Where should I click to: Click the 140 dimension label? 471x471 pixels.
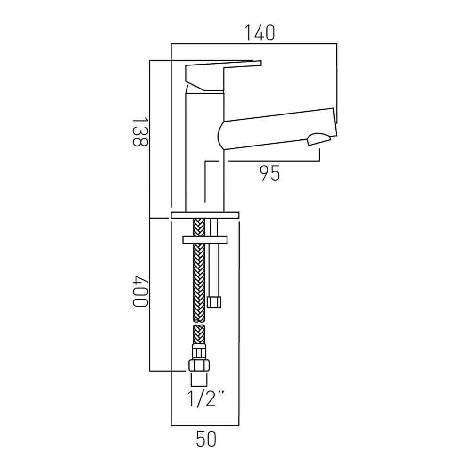259,33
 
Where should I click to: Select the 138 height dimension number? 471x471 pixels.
139,132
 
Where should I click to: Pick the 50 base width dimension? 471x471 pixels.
205,439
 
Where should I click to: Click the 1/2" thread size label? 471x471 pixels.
205,399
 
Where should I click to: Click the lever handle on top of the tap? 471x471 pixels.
207,75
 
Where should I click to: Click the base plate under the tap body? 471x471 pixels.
205,215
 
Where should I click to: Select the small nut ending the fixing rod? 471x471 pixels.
214,301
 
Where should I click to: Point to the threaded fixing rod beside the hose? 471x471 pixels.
214,268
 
